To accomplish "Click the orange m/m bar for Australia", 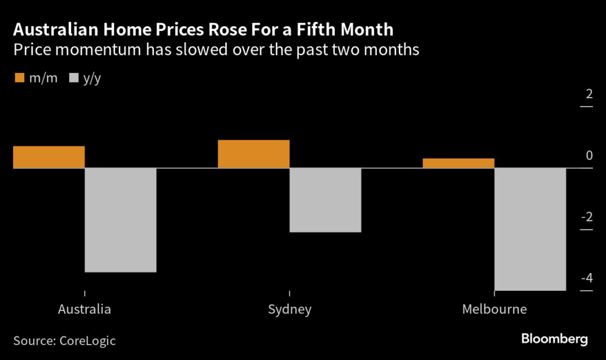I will click(49, 157).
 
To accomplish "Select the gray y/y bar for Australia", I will click(121, 220).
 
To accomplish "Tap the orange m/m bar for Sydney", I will click(253, 154).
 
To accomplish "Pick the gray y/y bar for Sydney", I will click(325, 200).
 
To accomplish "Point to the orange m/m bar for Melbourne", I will click(458, 163).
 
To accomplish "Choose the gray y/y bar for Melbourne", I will click(530, 229).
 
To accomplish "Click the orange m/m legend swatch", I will click(18, 78).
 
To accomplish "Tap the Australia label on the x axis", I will click(84, 310).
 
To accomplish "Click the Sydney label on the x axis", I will click(289, 310).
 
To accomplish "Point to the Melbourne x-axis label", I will click(494, 310).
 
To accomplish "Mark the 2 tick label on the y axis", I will click(588, 94).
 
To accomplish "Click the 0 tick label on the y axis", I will click(588, 156).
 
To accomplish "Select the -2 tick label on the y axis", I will click(586, 217).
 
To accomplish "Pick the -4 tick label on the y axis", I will click(586, 278).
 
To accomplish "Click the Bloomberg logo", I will click(554, 339).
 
